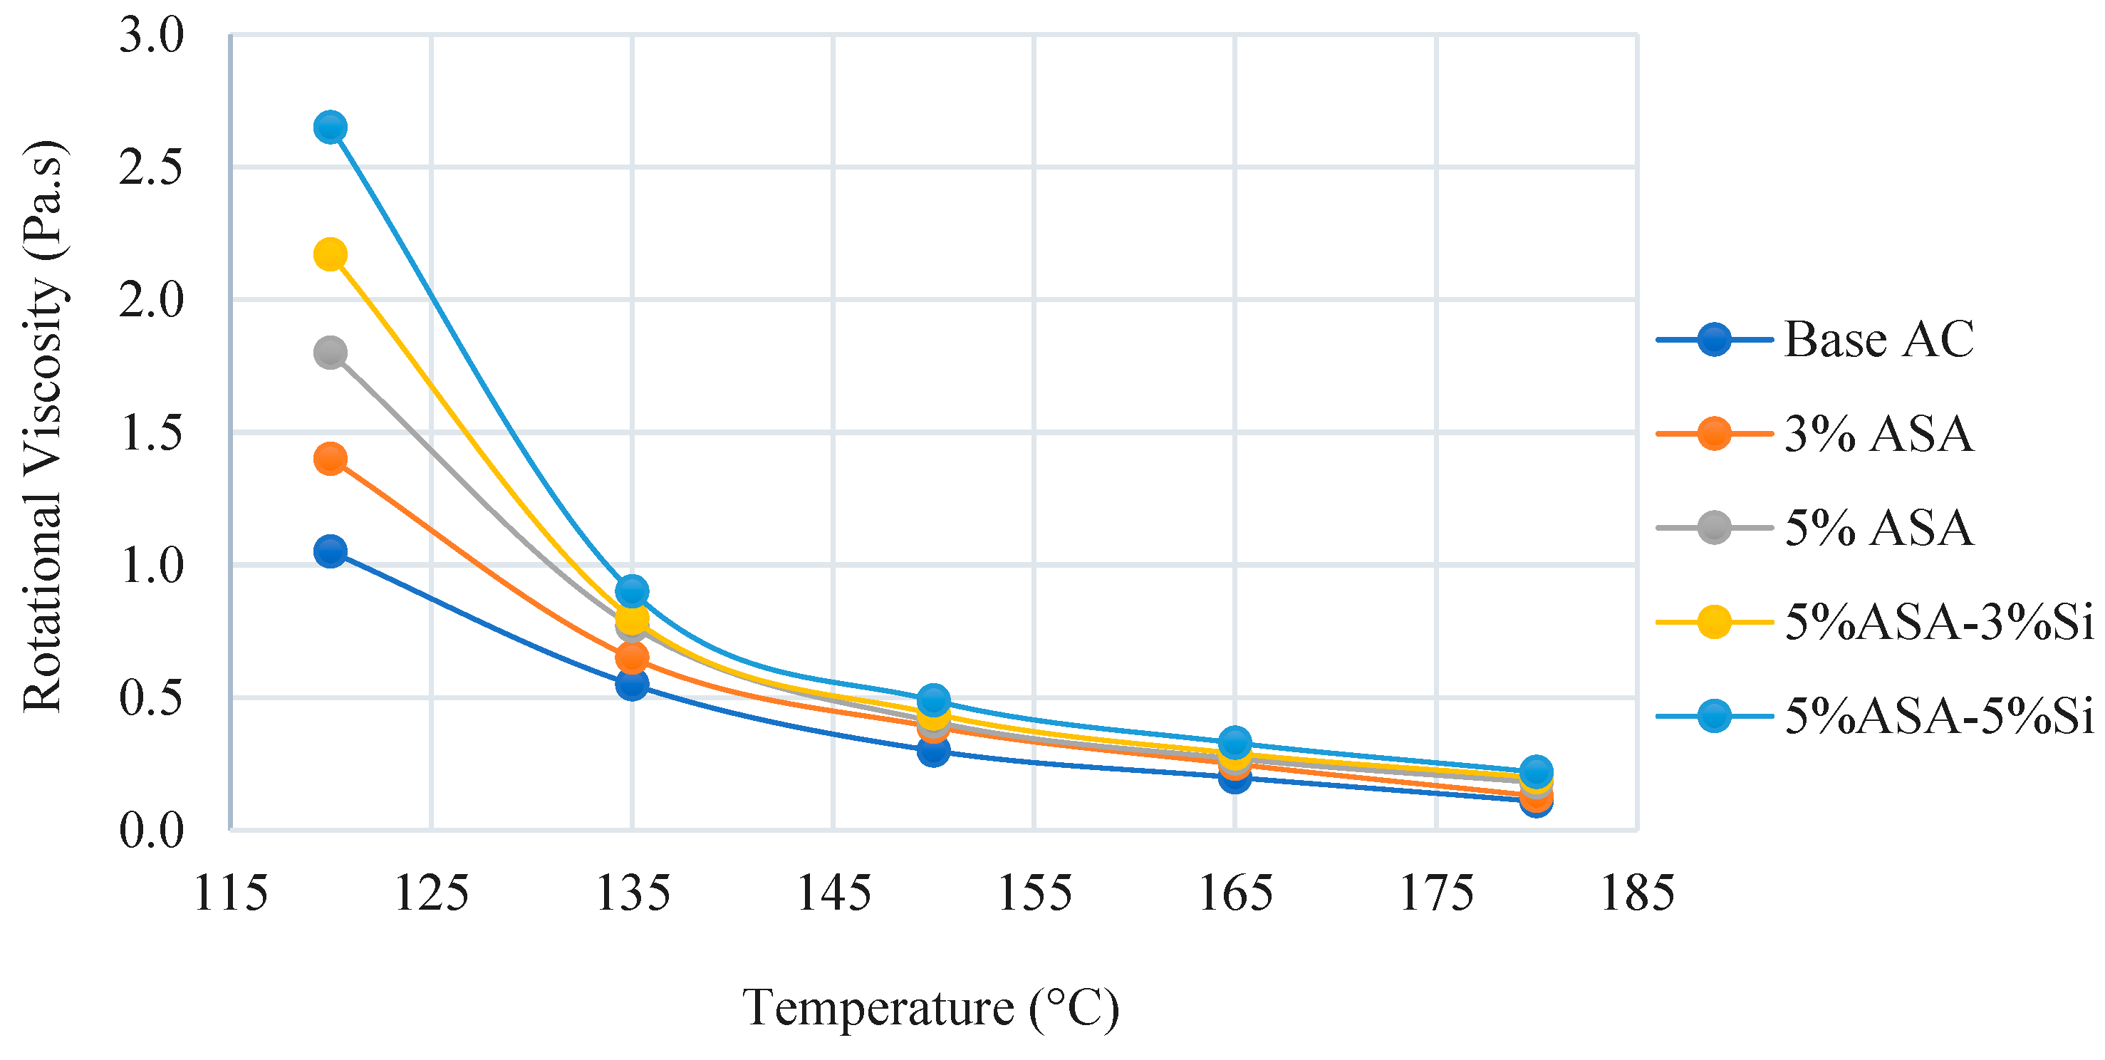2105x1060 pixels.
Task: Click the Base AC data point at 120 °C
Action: [x=329, y=551]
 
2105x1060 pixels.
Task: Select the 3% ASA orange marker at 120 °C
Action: [x=329, y=459]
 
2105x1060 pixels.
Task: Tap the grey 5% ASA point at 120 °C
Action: [x=329, y=353]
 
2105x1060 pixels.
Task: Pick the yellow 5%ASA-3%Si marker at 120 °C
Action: [x=329, y=254]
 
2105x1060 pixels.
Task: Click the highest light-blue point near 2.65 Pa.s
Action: [x=329, y=128]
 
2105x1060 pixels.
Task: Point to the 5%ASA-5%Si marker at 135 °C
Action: [x=632, y=590]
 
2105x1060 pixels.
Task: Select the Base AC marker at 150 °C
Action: [x=933, y=750]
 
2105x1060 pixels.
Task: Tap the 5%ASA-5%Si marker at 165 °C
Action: [x=1235, y=742]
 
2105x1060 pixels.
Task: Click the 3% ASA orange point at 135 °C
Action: [x=632, y=656]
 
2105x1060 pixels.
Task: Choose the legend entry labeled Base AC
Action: [x=1878, y=339]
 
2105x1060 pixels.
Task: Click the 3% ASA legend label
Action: [x=1878, y=434]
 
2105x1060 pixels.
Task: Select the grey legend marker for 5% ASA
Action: [x=1714, y=528]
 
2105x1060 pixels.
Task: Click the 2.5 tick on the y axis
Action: [x=151, y=168]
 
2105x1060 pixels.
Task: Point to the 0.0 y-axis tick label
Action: [x=151, y=831]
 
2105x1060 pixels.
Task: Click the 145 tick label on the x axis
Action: [x=833, y=893]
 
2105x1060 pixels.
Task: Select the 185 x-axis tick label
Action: [x=1637, y=893]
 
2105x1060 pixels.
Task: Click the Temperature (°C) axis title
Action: [x=930, y=1008]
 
